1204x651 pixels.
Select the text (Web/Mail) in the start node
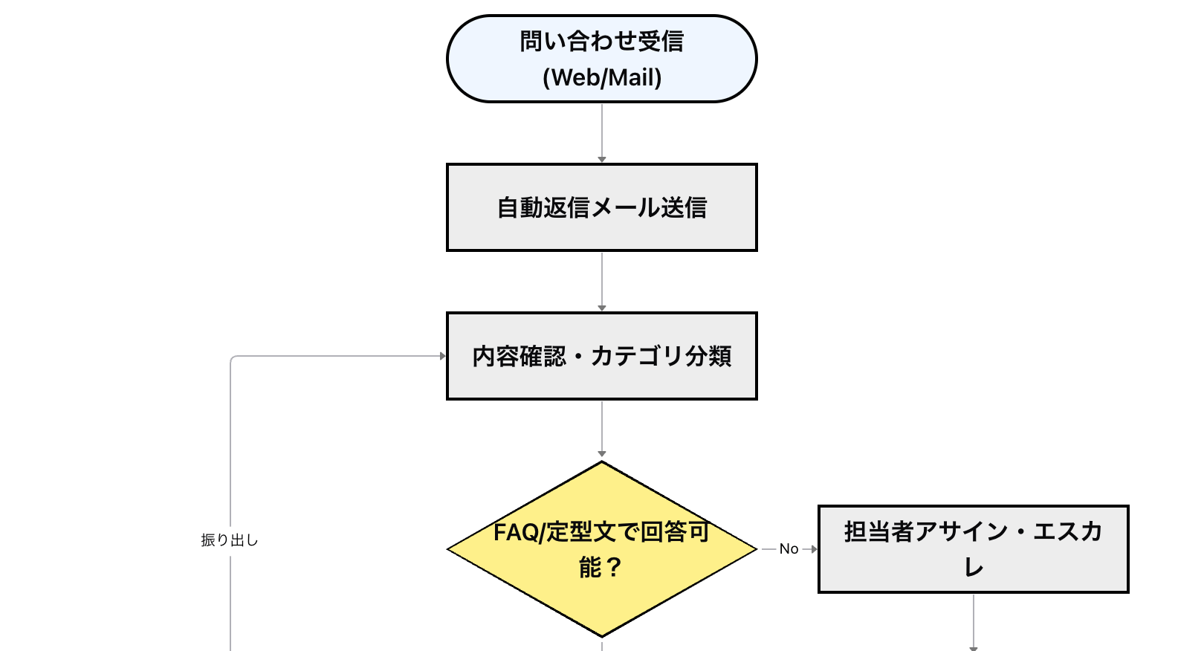click(x=602, y=78)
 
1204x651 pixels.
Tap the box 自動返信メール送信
click(x=601, y=207)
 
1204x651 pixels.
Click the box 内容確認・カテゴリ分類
click(x=601, y=356)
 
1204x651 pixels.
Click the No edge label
click(x=789, y=549)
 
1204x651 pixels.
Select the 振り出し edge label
click(x=230, y=541)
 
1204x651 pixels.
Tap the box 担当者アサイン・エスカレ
click(x=973, y=549)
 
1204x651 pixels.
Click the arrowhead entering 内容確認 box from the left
click(x=442, y=357)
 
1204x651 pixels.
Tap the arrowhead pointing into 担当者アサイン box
click(x=813, y=549)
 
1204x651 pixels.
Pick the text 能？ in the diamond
click(x=601, y=569)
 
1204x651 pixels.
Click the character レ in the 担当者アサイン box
click(x=974, y=569)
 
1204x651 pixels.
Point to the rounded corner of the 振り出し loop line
click(x=233, y=359)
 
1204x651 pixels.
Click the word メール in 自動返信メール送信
click(x=625, y=208)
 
